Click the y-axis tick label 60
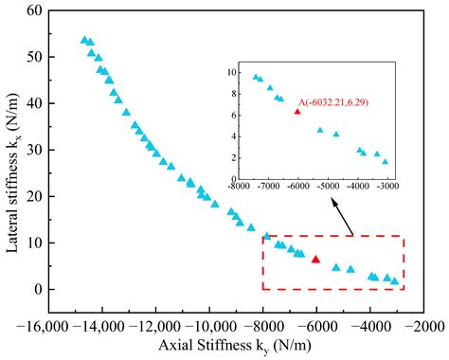click(34, 10)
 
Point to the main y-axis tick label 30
click(34, 150)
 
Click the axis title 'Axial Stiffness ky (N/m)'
click(235, 346)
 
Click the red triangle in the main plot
click(315, 260)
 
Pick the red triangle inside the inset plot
click(297, 112)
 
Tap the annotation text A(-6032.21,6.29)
click(333, 102)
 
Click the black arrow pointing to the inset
click(342, 217)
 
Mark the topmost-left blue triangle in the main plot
click(84, 40)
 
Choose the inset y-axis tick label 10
click(231, 73)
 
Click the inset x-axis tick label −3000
click(388, 186)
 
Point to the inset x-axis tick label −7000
click(269, 186)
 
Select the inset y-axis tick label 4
click(234, 136)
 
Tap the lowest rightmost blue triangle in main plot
click(394, 281)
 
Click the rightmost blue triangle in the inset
click(385, 162)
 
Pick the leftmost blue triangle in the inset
click(256, 77)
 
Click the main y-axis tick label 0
click(38, 289)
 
